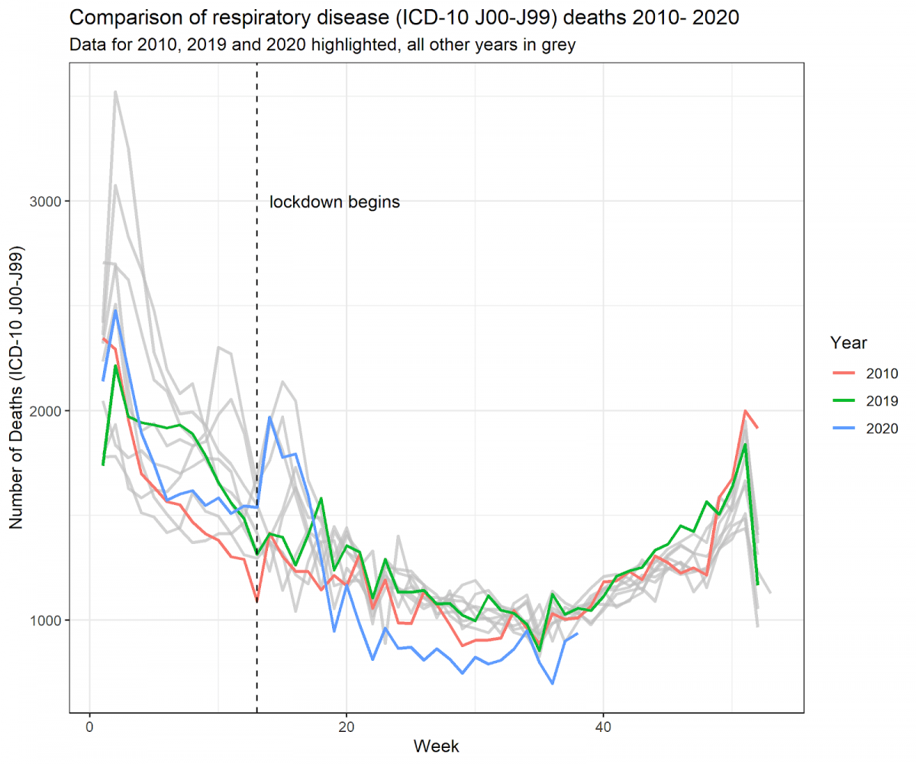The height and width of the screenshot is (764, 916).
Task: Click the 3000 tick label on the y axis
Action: coord(47,201)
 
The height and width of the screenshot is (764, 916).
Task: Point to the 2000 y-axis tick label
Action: coord(47,410)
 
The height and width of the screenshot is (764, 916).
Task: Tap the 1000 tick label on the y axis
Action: coord(47,620)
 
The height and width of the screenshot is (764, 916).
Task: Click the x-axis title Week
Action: coord(436,746)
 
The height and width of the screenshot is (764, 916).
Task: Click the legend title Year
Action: coord(848,342)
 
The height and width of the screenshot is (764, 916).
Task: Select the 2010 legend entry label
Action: coord(881,374)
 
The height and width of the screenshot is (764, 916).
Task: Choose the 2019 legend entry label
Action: coord(881,400)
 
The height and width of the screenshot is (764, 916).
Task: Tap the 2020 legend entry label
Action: coord(881,428)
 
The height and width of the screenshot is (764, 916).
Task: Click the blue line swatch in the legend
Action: coord(843,428)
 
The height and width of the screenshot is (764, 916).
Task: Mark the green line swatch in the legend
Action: coord(843,400)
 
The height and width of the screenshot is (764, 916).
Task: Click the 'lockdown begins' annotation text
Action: coord(335,202)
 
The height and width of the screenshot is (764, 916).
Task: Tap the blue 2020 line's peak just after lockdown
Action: coord(269,417)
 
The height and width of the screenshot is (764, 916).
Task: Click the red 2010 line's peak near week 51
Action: coord(745,410)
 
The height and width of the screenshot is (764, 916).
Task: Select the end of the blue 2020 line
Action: coord(577,633)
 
